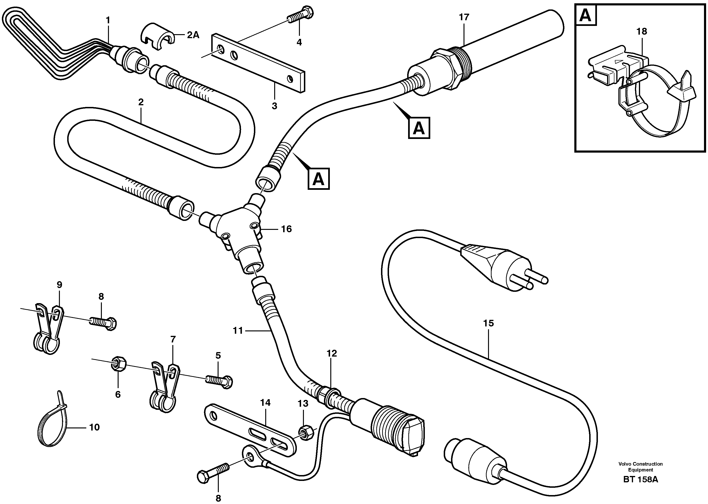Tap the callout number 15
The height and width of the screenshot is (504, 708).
(488, 323)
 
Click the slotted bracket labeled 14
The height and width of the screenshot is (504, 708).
(250, 431)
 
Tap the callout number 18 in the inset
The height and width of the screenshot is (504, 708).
(642, 31)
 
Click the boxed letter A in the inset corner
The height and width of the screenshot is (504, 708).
(586, 15)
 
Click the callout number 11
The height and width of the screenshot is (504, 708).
(238, 331)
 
